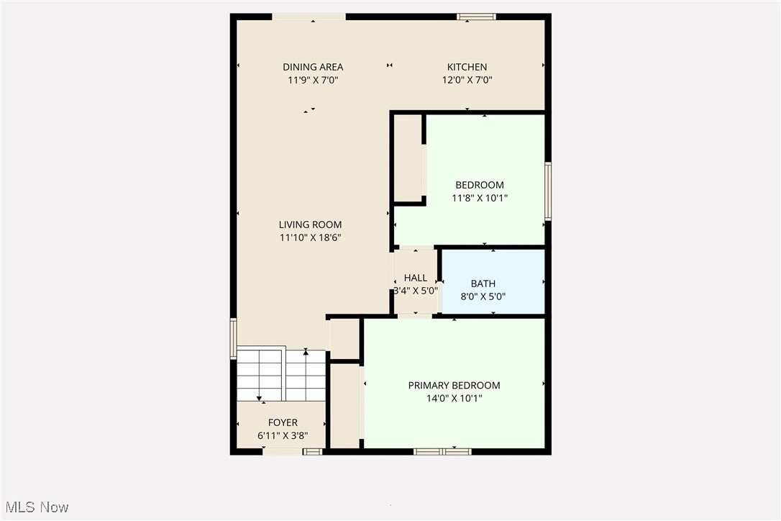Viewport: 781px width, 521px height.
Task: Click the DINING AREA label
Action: [x=313, y=67]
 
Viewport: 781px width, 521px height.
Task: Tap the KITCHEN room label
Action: [x=467, y=67]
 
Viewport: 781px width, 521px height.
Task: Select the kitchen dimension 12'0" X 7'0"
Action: [x=467, y=80]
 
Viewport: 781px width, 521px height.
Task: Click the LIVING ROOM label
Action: [x=310, y=225]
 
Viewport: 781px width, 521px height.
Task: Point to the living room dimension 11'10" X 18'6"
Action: [x=310, y=237]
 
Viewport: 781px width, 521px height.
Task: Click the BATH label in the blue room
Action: [x=483, y=284]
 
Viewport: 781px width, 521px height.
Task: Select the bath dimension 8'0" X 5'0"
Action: [x=483, y=296]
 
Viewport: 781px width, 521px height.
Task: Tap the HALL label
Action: [x=416, y=278]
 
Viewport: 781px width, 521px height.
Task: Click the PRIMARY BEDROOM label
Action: [x=454, y=386]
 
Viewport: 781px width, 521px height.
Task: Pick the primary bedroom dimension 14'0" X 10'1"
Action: [x=454, y=399]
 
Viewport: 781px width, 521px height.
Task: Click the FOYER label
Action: [x=283, y=423]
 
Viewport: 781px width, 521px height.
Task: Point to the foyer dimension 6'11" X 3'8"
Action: [x=283, y=436]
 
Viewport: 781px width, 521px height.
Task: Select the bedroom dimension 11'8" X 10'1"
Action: [x=480, y=198]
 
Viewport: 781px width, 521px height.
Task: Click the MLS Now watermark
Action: [x=37, y=507]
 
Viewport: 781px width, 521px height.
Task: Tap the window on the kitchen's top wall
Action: [x=477, y=17]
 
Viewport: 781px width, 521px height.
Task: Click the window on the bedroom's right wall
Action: [x=548, y=191]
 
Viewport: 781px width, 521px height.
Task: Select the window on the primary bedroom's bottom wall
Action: [x=442, y=452]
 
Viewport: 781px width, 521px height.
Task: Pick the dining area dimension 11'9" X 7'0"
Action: [x=313, y=80]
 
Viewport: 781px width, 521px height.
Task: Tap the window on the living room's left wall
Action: [x=233, y=338]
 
